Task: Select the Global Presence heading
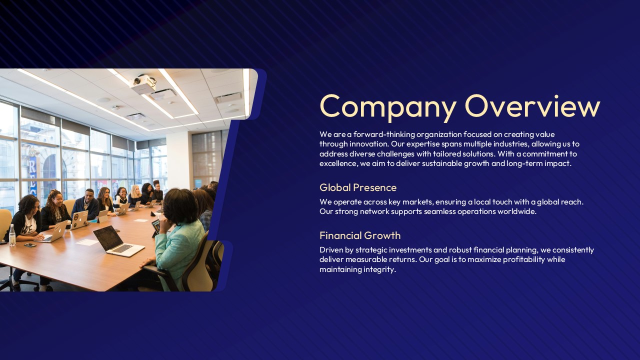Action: (358, 187)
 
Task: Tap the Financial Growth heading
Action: (360, 235)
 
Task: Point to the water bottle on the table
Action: (12, 235)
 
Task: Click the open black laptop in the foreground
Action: (117, 241)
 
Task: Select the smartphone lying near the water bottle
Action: (30, 245)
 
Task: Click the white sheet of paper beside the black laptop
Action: (87, 242)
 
